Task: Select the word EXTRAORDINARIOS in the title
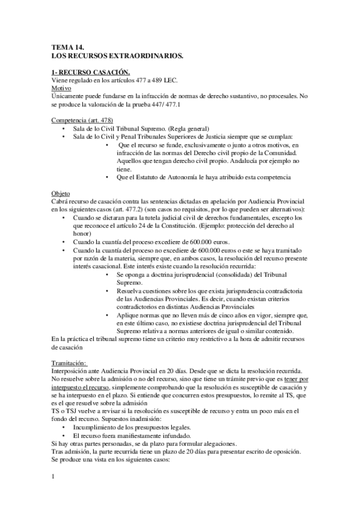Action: [x=148, y=55]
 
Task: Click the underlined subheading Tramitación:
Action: [x=69, y=363]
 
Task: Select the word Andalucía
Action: [x=239, y=162]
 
